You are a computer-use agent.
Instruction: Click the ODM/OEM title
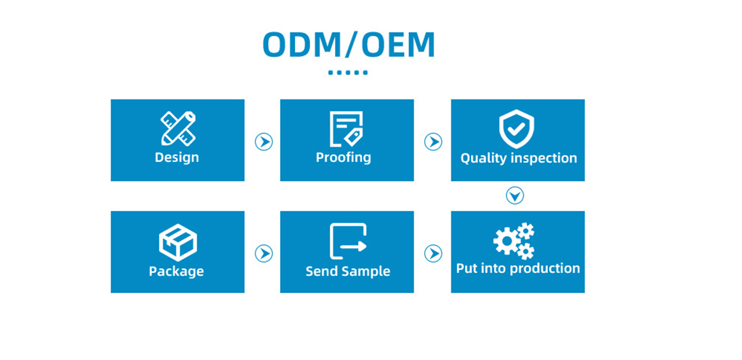(349, 45)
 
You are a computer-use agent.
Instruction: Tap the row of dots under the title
(348, 72)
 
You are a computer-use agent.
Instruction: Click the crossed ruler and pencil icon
(178, 129)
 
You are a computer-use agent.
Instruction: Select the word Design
(177, 158)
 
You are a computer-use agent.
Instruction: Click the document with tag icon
(346, 129)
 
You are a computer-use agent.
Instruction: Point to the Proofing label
(344, 158)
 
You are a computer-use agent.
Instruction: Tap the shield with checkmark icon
(516, 129)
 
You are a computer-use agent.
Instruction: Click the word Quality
(484, 158)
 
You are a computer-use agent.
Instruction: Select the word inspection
(544, 158)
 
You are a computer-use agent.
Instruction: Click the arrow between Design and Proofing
(263, 142)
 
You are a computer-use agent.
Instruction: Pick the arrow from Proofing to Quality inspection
(433, 142)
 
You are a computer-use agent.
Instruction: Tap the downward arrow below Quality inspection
(514, 195)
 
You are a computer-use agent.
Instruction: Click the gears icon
(514, 241)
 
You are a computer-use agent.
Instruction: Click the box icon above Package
(178, 242)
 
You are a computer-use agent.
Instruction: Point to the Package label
(176, 272)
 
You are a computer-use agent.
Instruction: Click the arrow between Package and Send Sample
(263, 254)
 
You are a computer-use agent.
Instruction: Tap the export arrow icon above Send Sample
(348, 241)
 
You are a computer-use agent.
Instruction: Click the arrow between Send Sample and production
(433, 254)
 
